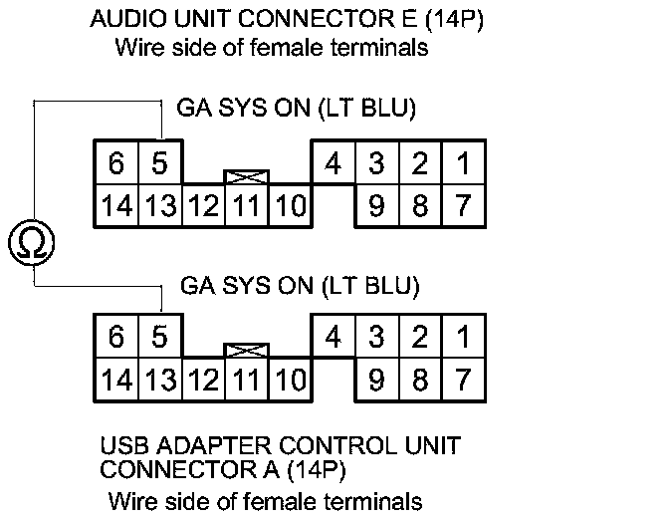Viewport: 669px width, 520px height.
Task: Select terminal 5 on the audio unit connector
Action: [159, 161]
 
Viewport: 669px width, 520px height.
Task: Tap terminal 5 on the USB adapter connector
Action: [159, 337]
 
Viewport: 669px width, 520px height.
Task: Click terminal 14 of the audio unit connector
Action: [115, 206]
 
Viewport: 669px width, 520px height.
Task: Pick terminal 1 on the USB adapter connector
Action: [462, 337]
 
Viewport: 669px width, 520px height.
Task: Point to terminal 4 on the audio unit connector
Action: [334, 161]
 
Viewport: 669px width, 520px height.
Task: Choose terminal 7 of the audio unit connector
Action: [462, 206]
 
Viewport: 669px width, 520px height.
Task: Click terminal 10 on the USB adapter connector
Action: [291, 381]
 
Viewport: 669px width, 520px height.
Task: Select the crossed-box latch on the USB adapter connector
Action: [248, 352]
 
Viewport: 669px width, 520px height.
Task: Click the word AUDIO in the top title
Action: [123, 20]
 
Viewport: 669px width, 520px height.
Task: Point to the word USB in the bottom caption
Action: [125, 444]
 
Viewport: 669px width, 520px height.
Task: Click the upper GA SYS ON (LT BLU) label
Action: [297, 107]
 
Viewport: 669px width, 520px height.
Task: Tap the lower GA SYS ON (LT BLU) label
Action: [301, 286]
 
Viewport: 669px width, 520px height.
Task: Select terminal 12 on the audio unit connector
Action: [204, 206]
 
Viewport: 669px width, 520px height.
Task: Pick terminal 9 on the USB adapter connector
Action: [376, 381]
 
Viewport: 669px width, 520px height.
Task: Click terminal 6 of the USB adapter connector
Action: [115, 337]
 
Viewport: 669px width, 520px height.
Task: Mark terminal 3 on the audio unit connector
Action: [376, 161]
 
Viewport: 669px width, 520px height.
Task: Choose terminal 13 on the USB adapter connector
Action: [159, 381]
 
